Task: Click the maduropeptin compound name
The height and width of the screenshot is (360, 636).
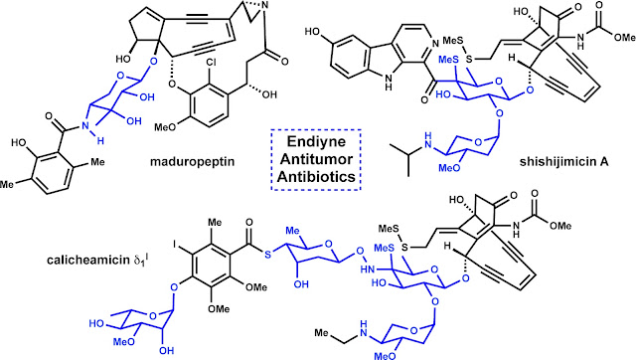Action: pos(192,162)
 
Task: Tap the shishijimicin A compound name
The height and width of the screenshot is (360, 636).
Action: pos(564,162)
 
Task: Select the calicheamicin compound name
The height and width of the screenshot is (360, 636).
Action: pos(97,260)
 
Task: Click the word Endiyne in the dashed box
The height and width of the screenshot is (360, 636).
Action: pos(316,141)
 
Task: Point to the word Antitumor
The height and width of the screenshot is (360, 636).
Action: pos(316,159)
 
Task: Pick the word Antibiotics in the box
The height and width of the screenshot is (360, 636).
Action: pos(316,177)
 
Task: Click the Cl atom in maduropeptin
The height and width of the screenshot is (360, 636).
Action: pos(211,64)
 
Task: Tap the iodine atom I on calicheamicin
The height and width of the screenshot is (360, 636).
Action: pos(175,245)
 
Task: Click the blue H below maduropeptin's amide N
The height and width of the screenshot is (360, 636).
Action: pos(100,140)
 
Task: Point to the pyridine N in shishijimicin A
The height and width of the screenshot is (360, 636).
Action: pos(435,44)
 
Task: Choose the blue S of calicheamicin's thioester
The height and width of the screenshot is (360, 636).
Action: pos(267,255)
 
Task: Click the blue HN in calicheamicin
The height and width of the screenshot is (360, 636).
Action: pos(368,269)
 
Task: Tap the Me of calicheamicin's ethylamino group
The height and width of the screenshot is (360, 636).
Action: pos(322,333)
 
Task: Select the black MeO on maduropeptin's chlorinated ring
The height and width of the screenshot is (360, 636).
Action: pos(166,127)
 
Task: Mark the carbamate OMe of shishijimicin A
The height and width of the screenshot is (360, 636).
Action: pos(623,38)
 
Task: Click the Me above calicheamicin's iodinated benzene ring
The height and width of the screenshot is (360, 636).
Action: pos(215,223)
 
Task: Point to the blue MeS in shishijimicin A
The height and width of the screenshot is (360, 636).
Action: pos(449,60)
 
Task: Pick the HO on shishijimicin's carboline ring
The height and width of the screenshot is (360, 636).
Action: pos(314,32)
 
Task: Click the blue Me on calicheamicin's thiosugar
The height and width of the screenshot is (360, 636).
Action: pos(292,231)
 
